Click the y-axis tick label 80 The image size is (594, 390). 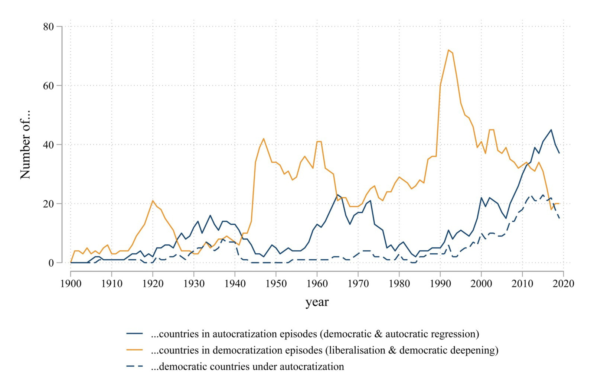(x=49, y=27)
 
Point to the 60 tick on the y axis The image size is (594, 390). (x=49, y=86)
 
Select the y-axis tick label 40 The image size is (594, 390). (x=49, y=145)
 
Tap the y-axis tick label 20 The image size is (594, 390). (x=49, y=204)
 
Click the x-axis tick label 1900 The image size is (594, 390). (x=71, y=284)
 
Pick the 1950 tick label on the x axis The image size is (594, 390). (x=276, y=284)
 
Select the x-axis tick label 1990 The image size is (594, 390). (x=440, y=284)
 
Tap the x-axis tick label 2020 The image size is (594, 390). (x=563, y=284)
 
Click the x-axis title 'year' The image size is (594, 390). (x=317, y=302)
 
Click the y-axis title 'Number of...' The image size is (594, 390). (x=25, y=145)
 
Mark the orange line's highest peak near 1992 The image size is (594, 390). (x=448, y=50)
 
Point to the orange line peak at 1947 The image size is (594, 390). (x=264, y=139)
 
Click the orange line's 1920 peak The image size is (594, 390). (x=153, y=201)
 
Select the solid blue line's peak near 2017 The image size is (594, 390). (x=551, y=130)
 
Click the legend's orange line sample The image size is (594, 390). (x=134, y=350)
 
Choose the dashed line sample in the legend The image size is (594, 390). (x=134, y=366)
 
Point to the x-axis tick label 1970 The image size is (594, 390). (x=358, y=284)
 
